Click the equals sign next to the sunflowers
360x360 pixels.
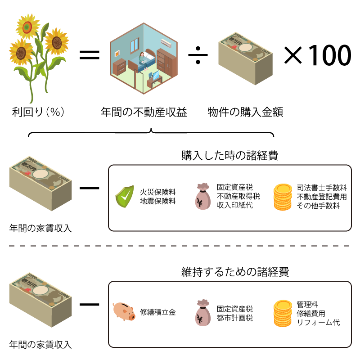click(x=89, y=55)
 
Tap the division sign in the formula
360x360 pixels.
click(x=198, y=55)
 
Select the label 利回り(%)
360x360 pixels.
click(x=39, y=112)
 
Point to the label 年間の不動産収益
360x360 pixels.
click(x=144, y=112)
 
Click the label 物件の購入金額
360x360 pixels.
click(x=245, y=112)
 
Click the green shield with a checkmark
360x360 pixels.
click(x=124, y=196)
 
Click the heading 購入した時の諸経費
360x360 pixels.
click(x=229, y=156)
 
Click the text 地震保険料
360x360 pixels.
click(x=157, y=201)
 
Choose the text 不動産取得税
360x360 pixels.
click(x=238, y=196)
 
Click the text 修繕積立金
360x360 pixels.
click(x=157, y=311)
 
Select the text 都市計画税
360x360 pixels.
click(x=234, y=318)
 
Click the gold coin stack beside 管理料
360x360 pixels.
click(x=283, y=313)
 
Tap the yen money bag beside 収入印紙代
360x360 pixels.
click(x=203, y=197)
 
